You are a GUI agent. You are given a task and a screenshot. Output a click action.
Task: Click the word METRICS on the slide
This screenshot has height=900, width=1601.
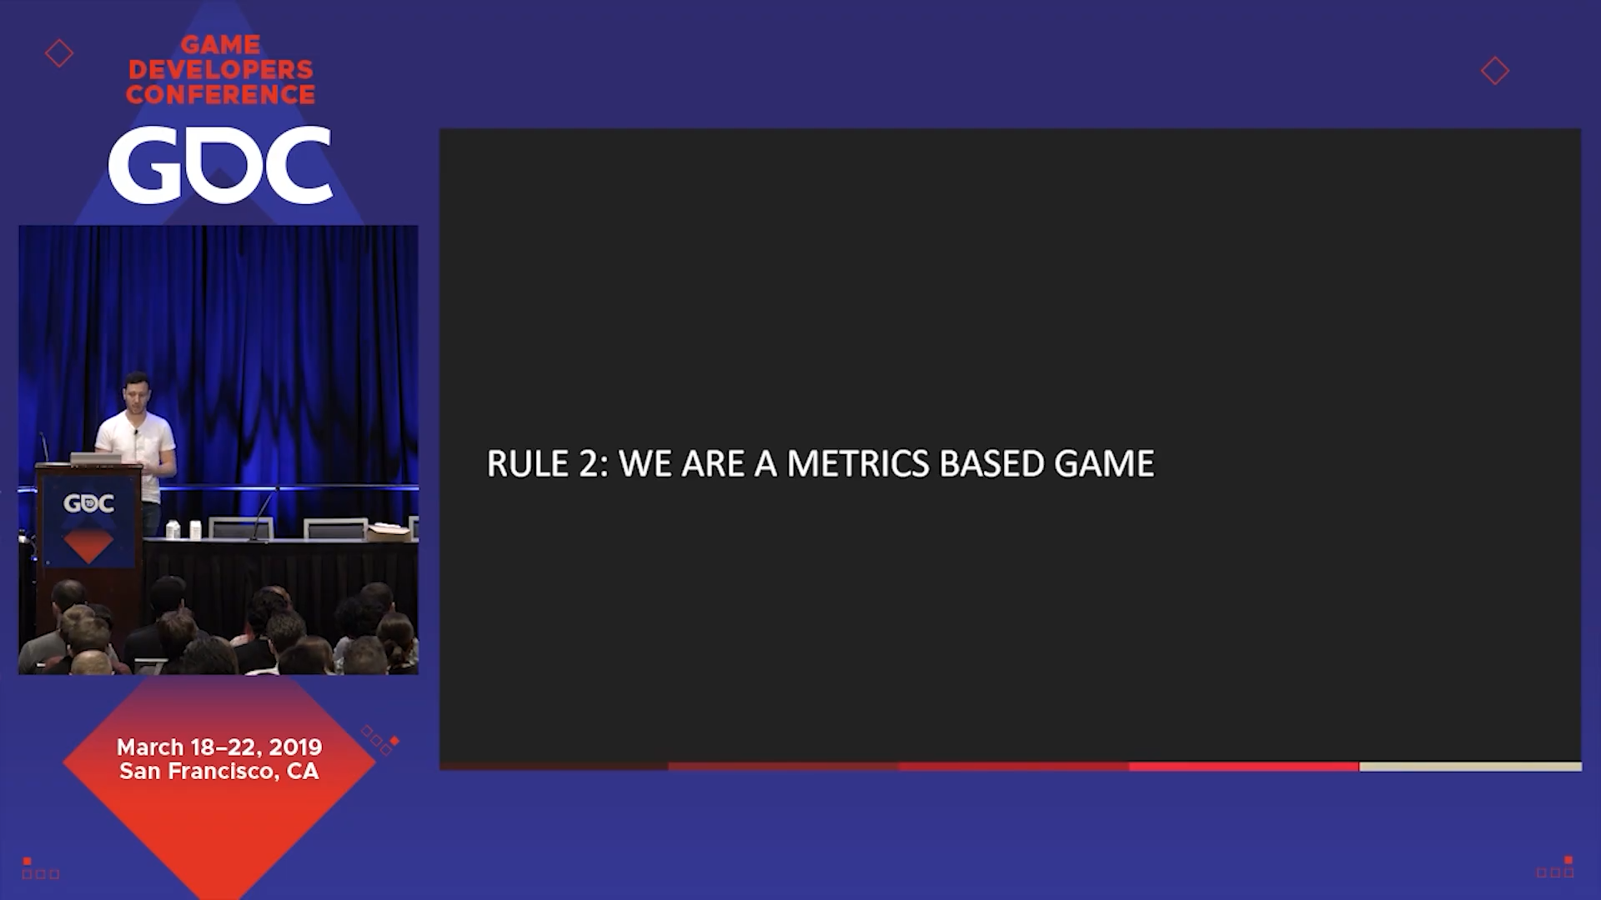[857, 464]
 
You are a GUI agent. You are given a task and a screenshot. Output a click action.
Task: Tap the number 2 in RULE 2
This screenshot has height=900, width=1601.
[589, 464]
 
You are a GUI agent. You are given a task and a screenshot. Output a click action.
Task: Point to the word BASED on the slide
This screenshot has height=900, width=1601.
[991, 464]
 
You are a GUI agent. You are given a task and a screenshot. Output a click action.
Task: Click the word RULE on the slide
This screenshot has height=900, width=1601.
[527, 464]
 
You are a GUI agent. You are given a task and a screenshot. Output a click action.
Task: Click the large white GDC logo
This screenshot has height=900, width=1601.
[220, 165]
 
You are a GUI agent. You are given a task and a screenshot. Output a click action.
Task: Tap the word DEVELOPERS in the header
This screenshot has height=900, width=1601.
[221, 69]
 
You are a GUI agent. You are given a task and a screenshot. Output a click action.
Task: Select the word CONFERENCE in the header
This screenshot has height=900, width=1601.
[221, 94]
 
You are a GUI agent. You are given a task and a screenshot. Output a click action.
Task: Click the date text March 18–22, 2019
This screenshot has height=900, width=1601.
[219, 747]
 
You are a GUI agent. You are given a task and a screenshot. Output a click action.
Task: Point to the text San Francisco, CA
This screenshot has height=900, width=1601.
[219, 772]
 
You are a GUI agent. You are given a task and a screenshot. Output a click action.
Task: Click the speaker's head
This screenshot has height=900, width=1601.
[135, 392]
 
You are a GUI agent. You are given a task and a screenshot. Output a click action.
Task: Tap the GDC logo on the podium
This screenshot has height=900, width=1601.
[89, 503]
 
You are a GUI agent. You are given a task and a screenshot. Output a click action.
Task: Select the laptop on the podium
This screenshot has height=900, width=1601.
[97, 457]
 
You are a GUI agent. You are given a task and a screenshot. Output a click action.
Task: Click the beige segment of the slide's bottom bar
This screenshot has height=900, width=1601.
[1470, 767]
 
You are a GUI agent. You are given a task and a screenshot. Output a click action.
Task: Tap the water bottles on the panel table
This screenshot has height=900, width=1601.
[184, 529]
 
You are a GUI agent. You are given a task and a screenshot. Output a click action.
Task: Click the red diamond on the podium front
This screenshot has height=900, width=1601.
[88, 546]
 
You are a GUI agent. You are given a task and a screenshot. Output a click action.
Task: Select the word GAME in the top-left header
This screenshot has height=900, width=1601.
[221, 44]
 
